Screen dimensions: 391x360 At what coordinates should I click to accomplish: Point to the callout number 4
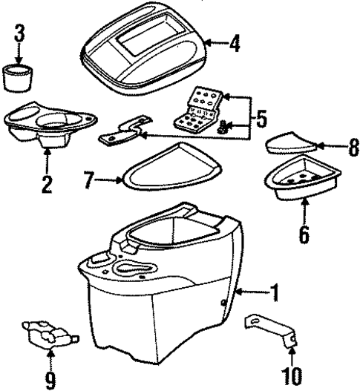(x=235, y=44)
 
